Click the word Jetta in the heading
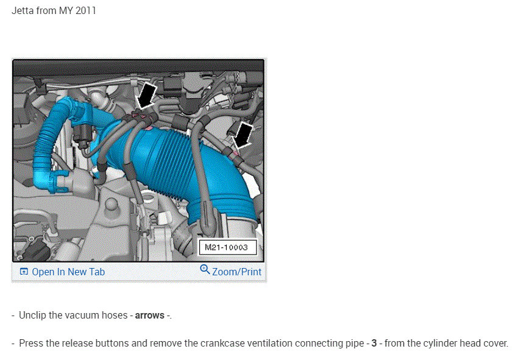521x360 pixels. point(23,11)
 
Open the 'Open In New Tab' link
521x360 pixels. point(68,272)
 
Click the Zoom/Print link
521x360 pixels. point(236,272)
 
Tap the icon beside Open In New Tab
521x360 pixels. point(24,272)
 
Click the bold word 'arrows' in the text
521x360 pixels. point(149,316)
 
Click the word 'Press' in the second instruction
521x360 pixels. point(31,343)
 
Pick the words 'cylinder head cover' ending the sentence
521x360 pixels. point(466,343)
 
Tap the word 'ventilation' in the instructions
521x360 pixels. point(250,343)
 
